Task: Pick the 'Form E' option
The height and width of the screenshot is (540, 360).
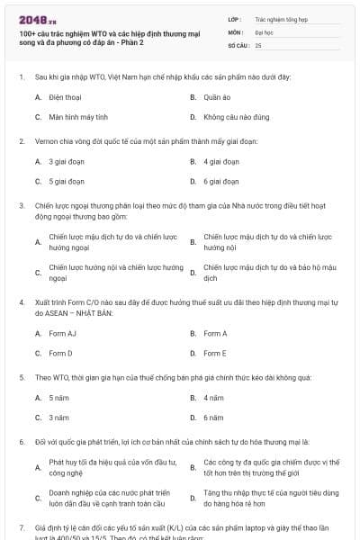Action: (215, 354)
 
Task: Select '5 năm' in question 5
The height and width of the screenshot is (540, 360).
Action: (59, 397)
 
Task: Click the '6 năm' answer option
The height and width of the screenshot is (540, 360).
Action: (213, 418)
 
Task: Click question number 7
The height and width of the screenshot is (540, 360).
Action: (22, 525)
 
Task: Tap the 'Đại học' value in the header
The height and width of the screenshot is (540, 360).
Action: (265, 31)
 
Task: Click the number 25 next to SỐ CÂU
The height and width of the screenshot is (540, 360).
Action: (259, 44)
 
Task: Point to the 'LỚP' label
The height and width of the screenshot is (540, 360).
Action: (234, 18)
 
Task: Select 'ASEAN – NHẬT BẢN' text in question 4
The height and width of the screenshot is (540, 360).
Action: (80, 312)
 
